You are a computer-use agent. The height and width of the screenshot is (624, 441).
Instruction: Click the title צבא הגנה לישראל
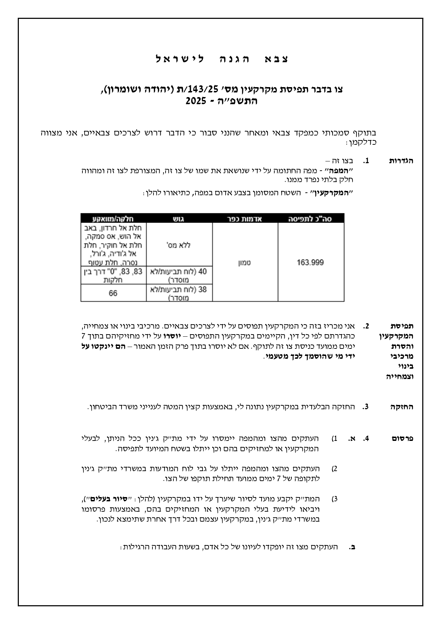(x=222, y=59)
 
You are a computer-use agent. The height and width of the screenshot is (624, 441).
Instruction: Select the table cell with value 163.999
(x=311, y=262)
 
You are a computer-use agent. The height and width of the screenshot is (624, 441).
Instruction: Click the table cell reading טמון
(x=245, y=262)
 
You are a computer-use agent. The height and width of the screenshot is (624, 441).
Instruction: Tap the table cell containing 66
(x=113, y=293)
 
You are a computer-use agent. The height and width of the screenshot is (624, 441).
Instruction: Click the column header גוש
(x=179, y=219)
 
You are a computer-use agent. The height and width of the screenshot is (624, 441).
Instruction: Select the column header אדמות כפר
(x=245, y=219)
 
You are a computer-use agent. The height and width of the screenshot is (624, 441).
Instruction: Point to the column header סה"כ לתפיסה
(x=311, y=219)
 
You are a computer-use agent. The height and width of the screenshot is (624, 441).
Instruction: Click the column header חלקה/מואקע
(x=113, y=219)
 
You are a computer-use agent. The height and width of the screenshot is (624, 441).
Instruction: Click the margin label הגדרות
(x=402, y=161)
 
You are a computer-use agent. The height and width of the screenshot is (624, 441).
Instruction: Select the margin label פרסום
(x=403, y=439)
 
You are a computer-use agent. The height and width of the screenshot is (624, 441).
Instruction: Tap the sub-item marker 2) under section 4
(x=334, y=469)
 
